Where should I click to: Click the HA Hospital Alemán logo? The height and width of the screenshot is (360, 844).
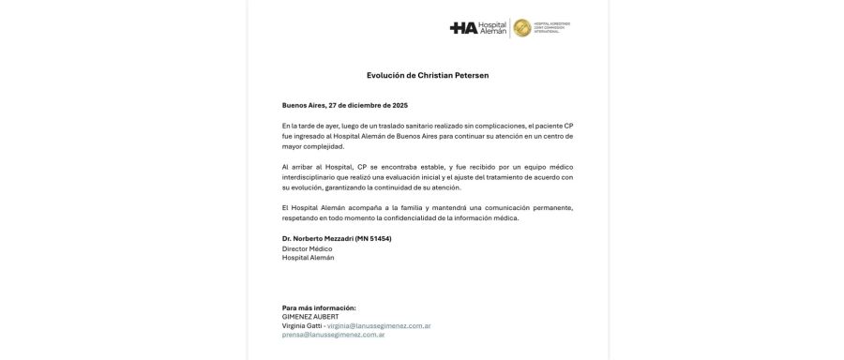(x=478, y=27)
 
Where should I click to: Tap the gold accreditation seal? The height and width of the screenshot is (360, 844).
(x=521, y=27)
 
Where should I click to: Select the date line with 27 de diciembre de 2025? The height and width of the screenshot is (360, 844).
(x=345, y=105)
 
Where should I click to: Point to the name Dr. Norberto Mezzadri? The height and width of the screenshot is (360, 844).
(x=315, y=239)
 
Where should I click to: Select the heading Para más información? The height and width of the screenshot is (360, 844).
(x=319, y=307)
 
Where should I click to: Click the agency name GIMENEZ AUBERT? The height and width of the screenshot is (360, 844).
(x=311, y=317)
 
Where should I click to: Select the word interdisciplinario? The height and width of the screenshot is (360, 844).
(x=311, y=177)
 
